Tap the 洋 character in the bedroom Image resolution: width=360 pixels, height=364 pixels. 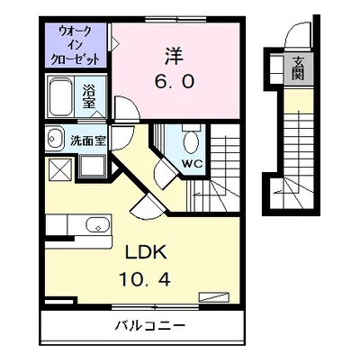(x=175, y=55)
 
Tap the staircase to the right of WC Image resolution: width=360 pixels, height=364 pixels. (x=221, y=171)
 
